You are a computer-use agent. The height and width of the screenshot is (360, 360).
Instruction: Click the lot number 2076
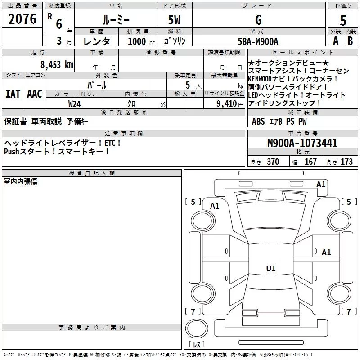(x=22, y=18)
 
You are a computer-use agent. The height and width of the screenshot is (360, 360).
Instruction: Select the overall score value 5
(x=343, y=20)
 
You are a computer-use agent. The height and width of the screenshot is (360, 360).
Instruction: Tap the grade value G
(x=258, y=20)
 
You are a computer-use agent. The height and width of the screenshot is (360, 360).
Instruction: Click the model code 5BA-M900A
(x=258, y=41)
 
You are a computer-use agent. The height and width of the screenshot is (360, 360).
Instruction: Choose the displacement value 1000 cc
(x=140, y=41)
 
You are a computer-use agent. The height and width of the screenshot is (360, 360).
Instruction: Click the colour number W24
(x=75, y=103)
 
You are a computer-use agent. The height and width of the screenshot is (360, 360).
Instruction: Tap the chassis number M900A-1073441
(x=302, y=144)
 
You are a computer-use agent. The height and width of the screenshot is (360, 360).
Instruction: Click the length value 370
(x=273, y=162)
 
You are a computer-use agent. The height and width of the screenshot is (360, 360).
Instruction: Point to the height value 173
(x=346, y=162)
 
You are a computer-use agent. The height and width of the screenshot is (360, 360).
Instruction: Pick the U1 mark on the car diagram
(x=271, y=269)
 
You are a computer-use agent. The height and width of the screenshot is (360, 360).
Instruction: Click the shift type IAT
(x=13, y=94)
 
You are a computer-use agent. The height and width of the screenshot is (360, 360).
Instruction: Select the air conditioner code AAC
(x=34, y=94)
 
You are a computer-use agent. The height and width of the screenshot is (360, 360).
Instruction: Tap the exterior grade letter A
(x=335, y=41)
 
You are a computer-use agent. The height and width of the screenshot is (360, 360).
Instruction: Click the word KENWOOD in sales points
(x=264, y=79)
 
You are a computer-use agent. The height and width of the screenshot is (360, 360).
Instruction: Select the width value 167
(x=310, y=162)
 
